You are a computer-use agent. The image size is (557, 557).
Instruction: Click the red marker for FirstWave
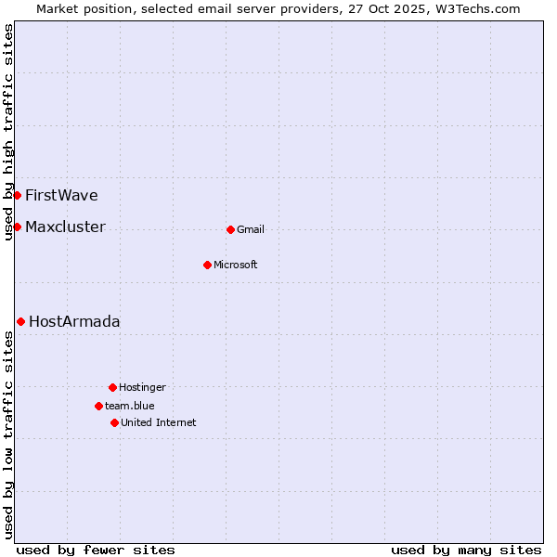pyautogui.click(x=17, y=195)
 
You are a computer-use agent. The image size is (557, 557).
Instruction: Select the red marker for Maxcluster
pyautogui.click(x=17, y=227)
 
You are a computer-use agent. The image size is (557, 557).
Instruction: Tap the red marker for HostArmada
pyautogui.click(x=20, y=321)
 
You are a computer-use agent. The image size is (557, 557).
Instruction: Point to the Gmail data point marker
pyautogui.click(x=230, y=229)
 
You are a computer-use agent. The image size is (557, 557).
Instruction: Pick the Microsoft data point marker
pyautogui.click(x=207, y=265)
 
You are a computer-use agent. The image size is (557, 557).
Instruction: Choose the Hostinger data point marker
pyautogui.click(x=112, y=387)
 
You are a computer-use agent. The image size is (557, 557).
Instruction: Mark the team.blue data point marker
pyautogui.click(x=98, y=406)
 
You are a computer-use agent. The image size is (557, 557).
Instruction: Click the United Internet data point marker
pyautogui.click(x=114, y=422)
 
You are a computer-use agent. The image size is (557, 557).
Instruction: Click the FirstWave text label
pyautogui.click(x=61, y=195)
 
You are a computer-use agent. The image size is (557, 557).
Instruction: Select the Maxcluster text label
pyautogui.click(x=65, y=227)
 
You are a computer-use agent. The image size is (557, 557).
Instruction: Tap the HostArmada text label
pyautogui.click(x=74, y=321)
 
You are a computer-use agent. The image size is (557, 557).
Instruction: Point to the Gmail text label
pyautogui.click(x=251, y=229)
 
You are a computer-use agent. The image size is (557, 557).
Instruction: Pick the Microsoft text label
pyautogui.click(x=236, y=265)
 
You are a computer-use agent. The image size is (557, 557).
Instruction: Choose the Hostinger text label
pyautogui.click(x=142, y=387)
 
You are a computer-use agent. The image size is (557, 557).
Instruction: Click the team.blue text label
pyautogui.click(x=130, y=406)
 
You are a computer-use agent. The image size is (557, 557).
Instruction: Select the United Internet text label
pyautogui.click(x=159, y=422)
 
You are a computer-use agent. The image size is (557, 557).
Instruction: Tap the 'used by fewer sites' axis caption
pyautogui.click(x=96, y=550)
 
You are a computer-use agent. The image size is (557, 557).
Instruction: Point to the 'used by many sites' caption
pyautogui.click(x=466, y=550)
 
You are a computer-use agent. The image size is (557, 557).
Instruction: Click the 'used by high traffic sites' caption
pyautogui.click(x=8, y=132)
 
